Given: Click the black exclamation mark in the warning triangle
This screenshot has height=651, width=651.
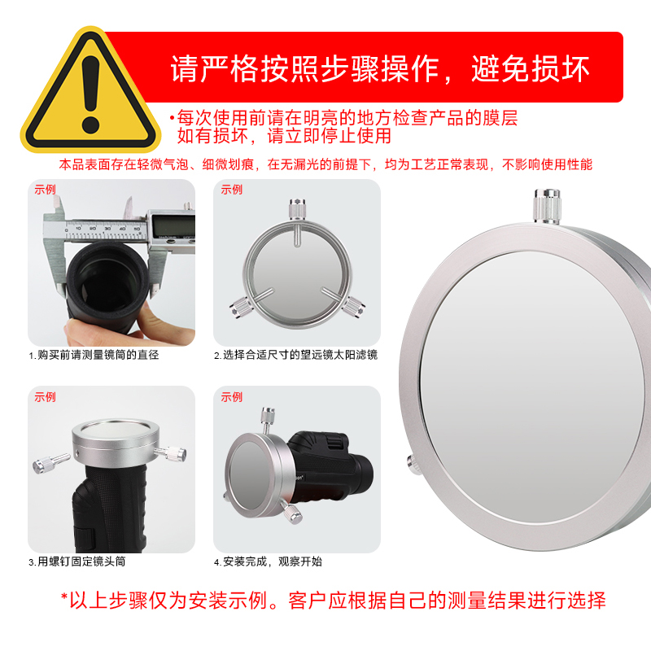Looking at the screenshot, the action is (x=91, y=94).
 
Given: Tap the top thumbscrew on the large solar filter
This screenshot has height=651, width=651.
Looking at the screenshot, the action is (x=547, y=207).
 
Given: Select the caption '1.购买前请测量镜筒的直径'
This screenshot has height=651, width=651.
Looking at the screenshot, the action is (x=94, y=355).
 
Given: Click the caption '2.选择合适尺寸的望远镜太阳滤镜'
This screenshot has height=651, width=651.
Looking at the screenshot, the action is (x=295, y=355).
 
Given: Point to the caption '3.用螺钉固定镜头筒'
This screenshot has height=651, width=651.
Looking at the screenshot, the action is (x=76, y=561).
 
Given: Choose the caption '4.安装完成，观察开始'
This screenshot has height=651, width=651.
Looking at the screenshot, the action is (x=268, y=561).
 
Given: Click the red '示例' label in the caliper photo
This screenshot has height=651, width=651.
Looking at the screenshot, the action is (x=45, y=190).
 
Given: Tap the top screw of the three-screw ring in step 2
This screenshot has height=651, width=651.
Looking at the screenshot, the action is (x=297, y=209).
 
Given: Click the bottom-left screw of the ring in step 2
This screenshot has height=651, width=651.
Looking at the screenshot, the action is (x=239, y=308).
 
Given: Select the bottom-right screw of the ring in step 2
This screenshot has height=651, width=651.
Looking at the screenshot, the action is (x=354, y=308).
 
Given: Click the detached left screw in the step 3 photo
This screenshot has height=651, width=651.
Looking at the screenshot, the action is (x=50, y=462).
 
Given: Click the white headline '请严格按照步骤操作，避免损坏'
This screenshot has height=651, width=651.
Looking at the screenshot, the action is (x=380, y=68).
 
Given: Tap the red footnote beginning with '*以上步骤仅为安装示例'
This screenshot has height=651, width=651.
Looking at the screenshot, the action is (x=334, y=601).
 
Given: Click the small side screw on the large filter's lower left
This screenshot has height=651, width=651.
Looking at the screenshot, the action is (x=413, y=464).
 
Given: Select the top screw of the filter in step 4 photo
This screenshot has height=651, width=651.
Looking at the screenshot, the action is (x=268, y=420).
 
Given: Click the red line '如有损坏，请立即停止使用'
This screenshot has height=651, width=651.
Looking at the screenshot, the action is (x=284, y=136).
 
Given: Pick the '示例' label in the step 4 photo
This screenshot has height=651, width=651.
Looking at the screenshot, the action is (x=231, y=397).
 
